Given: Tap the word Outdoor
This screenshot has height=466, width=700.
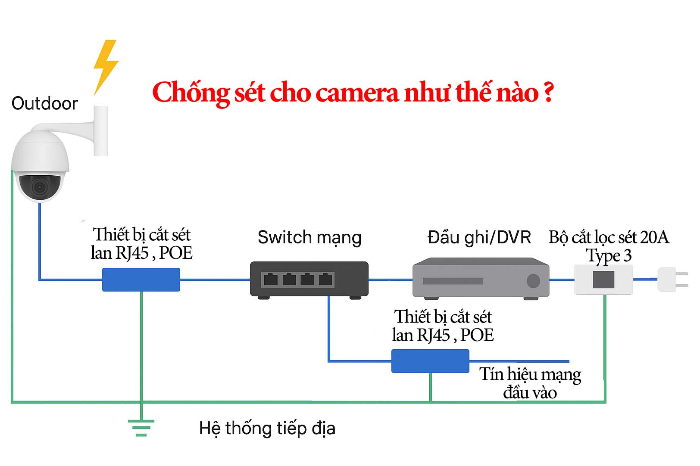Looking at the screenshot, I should click(x=45, y=104).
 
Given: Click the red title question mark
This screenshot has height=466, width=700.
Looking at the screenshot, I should click(x=548, y=92).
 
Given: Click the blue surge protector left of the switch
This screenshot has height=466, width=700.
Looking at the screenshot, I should click(x=141, y=280).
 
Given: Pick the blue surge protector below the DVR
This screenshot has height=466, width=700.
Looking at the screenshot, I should click(x=430, y=361).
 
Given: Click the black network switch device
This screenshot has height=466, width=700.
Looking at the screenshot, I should click(x=309, y=279).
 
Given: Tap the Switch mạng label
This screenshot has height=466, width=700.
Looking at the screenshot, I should click(x=309, y=237).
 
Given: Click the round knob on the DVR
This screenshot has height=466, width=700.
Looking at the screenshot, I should click(x=533, y=281).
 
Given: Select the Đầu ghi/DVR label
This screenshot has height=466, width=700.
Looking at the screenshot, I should click(x=479, y=237).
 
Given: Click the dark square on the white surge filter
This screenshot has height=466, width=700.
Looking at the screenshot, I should click(x=603, y=280).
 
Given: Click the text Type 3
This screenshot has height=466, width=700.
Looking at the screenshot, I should click(x=609, y=256).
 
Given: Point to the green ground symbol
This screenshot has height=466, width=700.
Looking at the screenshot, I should click(x=141, y=427).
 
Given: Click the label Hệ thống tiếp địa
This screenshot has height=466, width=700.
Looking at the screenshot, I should click(x=267, y=429).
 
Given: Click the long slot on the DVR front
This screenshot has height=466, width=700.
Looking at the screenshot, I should click(x=453, y=281).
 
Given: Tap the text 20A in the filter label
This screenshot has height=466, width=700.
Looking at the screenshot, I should click(x=654, y=237).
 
